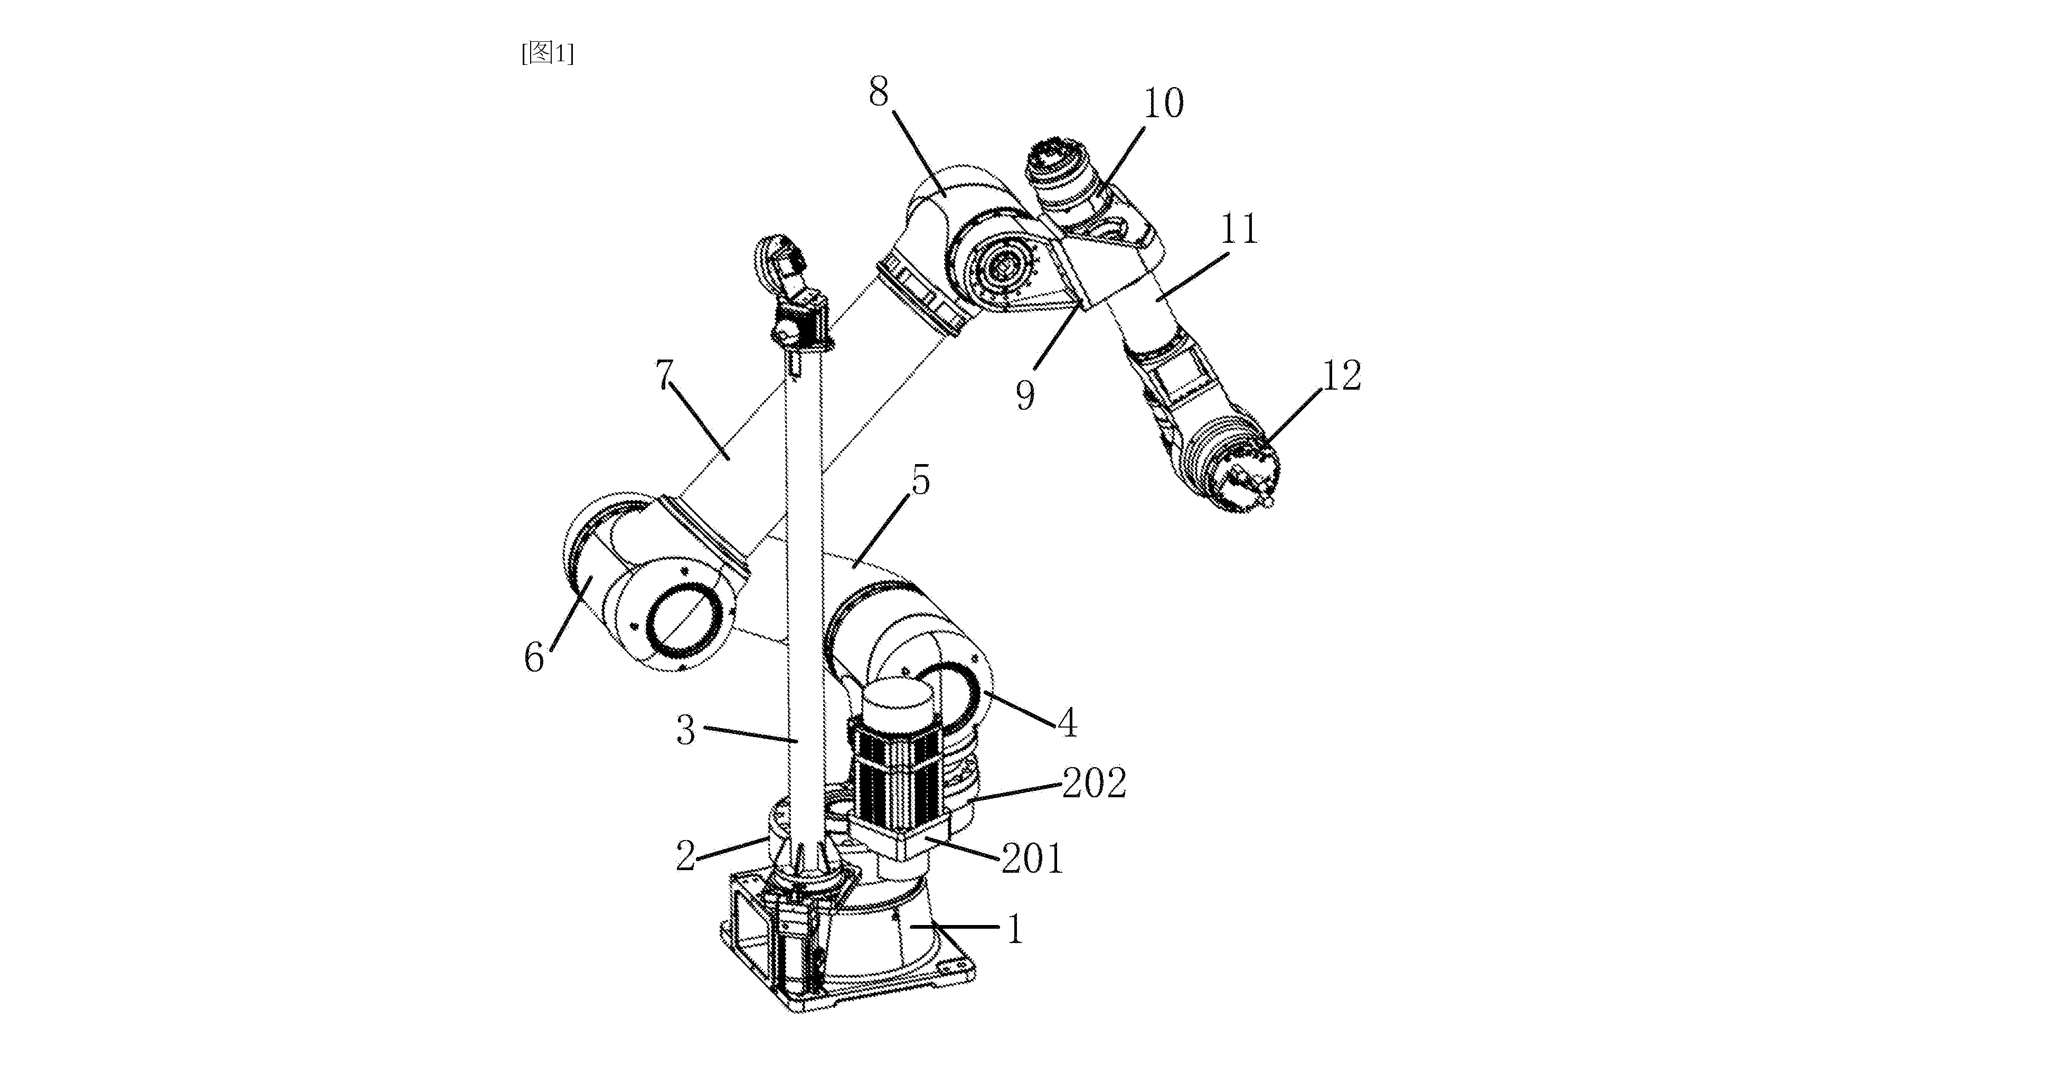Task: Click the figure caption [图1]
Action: (x=547, y=53)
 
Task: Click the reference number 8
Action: (x=879, y=92)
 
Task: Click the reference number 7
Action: (x=665, y=375)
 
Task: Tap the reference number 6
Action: (x=534, y=658)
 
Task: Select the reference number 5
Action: (x=920, y=480)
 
